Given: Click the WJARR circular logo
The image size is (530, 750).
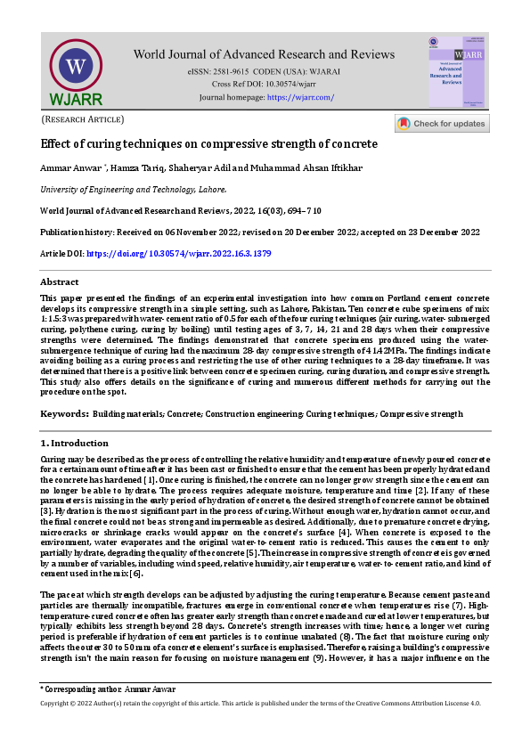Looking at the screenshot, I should tap(76, 67).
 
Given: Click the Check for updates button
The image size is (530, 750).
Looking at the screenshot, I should tap(442, 124).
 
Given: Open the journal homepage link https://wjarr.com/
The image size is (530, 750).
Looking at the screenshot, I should tap(301, 96).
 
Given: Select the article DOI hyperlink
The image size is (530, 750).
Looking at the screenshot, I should tap(178, 254).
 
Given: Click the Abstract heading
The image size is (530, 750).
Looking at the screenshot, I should tap(60, 281).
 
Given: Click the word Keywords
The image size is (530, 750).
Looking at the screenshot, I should tap(63, 414).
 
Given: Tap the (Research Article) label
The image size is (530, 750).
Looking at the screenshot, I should tap(83, 119).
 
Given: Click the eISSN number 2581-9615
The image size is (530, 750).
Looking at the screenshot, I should tap(240, 69).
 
